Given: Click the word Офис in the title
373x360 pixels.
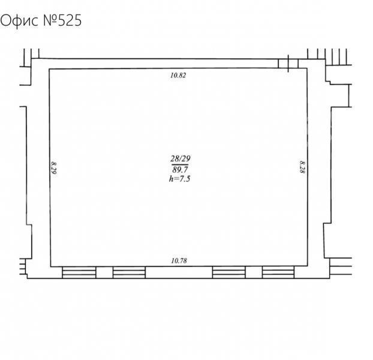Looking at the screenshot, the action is point(19,21).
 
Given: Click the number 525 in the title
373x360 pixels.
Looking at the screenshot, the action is point(70,20).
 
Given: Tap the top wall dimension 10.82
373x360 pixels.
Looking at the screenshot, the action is point(178,76).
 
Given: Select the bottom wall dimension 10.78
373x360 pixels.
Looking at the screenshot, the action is point(179,261).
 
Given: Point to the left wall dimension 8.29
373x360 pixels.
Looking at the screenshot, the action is point(54,168).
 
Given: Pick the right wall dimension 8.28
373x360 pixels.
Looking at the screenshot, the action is point(302,167).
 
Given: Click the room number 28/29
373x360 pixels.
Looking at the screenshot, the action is point(180,158).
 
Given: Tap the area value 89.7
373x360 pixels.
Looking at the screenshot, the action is point(180,170).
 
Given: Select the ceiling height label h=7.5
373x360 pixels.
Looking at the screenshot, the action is point(179,179).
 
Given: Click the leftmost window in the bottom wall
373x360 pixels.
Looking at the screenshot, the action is point(79,272).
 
